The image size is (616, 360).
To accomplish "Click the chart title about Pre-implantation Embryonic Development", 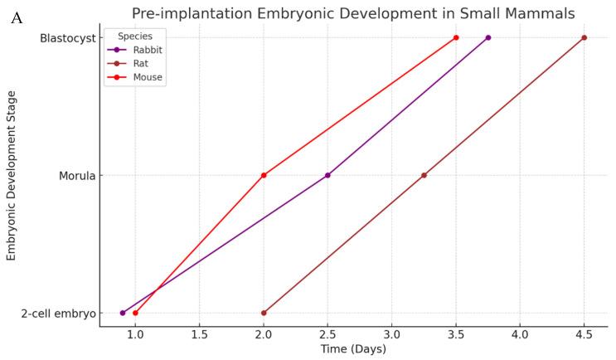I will click(353, 13).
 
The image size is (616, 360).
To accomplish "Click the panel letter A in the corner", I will click(17, 17).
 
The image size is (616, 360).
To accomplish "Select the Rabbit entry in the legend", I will click(146, 50).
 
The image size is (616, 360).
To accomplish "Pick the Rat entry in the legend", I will click(140, 63).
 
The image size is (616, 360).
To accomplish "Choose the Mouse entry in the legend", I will click(146, 77).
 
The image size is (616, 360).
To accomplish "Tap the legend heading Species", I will click(134, 36).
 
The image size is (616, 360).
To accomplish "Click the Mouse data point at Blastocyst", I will click(456, 37).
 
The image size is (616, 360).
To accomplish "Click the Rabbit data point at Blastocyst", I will click(488, 37).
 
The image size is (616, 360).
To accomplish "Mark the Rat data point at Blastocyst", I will click(584, 37).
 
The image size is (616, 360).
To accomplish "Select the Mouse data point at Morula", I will click(264, 175).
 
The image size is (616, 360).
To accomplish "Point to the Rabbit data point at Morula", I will click(327, 175).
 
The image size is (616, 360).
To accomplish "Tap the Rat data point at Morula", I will click(424, 175).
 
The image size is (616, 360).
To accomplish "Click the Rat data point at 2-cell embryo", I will click(264, 313).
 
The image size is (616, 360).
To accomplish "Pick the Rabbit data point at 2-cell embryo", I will click(123, 313).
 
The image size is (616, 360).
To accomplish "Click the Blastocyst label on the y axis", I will click(65, 38).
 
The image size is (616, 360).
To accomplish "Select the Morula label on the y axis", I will click(75, 176).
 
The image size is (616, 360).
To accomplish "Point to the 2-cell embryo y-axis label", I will click(57, 314).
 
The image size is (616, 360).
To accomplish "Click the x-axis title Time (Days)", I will click(353, 349).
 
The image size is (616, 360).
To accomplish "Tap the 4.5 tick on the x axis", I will click(584, 334).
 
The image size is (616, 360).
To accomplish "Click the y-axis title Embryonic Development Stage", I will click(12, 176).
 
